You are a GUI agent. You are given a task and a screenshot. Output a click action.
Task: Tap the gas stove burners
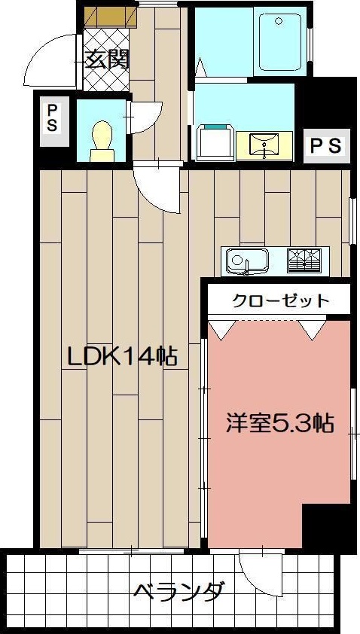(x=304, y=261)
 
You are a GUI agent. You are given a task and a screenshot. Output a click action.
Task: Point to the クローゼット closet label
(x=280, y=300)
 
